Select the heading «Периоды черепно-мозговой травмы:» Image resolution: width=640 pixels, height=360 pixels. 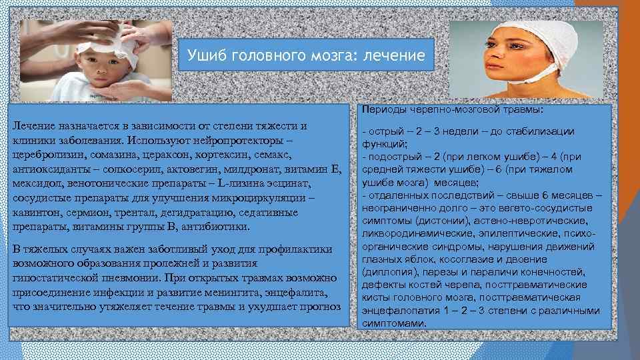coord(453,109)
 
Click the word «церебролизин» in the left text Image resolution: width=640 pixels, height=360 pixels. coord(43,154)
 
